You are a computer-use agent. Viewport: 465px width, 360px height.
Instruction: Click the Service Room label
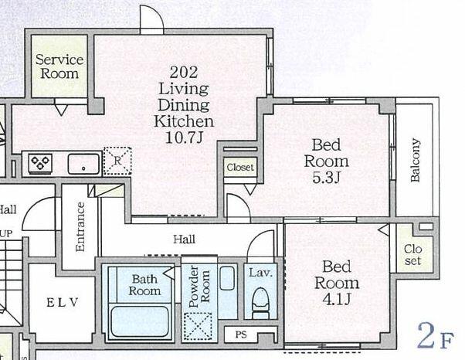tap(59, 66)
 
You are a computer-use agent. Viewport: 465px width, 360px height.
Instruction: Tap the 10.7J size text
tap(184, 138)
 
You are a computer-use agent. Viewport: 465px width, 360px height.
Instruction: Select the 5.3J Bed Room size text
tap(326, 178)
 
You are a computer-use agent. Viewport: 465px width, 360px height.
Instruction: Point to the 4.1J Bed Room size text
tap(337, 299)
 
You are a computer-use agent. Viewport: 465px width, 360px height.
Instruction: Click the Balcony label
tap(416, 160)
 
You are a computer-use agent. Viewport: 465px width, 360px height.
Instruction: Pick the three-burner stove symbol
tap(40, 163)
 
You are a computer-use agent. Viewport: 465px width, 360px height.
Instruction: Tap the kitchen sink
tap(83, 164)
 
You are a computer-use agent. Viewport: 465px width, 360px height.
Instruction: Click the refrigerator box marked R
tap(117, 161)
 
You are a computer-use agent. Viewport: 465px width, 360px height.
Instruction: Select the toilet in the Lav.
tap(260, 304)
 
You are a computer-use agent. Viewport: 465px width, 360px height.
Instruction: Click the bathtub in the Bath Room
tap(139, 321)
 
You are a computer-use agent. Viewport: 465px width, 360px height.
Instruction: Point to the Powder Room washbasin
tap(227, 278)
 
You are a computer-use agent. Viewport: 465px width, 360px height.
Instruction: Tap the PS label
tap(241, 335)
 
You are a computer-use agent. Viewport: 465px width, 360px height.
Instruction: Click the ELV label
tap(63, 303)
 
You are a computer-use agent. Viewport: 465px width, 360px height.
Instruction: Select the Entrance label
tap(80, 227)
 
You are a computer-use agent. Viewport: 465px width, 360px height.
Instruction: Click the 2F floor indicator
tap(435, 336)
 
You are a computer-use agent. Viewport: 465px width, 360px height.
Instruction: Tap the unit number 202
tap(184, 72)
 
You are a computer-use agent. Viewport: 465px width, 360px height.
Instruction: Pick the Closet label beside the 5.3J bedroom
tap(240, 167)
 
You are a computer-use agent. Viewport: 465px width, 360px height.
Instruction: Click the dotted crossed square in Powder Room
tap(198, 326)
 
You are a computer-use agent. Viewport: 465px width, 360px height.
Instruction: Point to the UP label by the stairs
tap(6, 234)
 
